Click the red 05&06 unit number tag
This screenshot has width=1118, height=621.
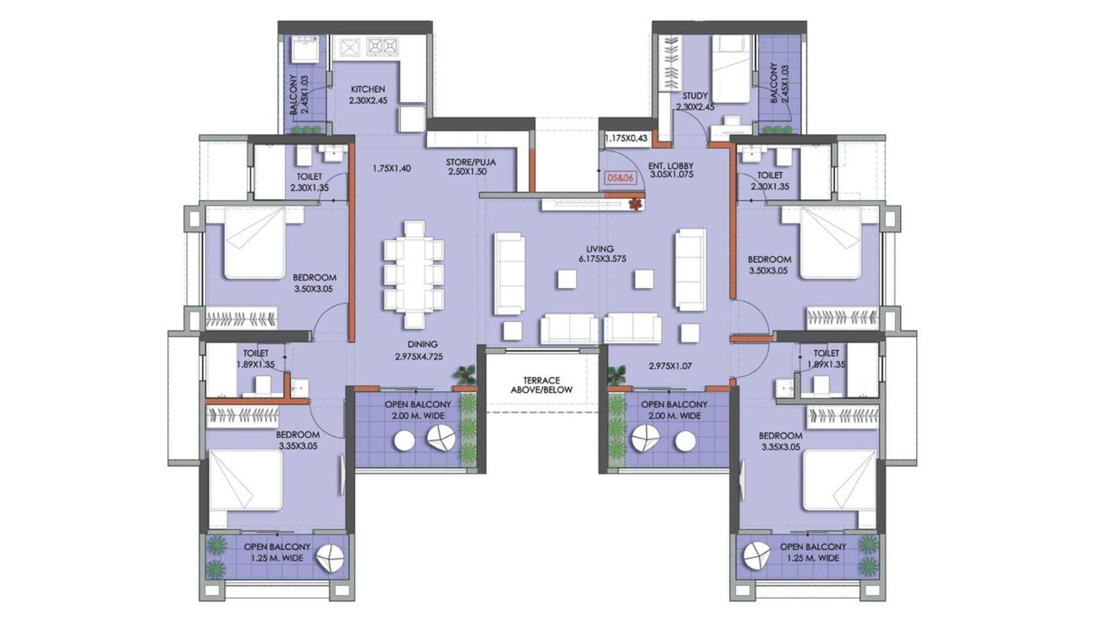coord(620,178)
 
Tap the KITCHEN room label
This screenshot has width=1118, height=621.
coord(368,89)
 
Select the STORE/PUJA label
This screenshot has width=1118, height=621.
coord(470,163)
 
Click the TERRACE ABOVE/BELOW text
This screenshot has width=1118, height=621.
coord(542,385)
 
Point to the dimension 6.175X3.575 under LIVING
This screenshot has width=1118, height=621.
coord(602,258)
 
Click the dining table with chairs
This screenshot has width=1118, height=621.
coord(414,275)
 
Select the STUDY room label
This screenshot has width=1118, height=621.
coord(695,96)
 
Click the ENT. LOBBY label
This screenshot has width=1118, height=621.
coord(671,166)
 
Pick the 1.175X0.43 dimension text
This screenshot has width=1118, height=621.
coord(626,139)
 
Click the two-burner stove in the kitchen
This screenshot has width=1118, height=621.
coord(382,47)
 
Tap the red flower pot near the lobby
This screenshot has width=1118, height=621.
coord(634,203)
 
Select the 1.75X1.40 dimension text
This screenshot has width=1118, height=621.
coord(391,168)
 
